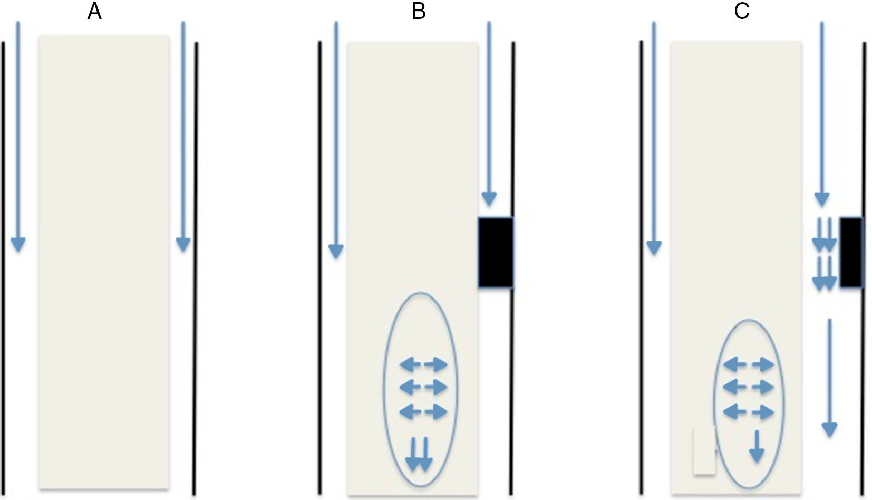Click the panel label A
(94, 11)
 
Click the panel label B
(418, 11)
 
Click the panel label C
(741, 11)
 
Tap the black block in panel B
(496, 252)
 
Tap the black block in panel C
(851, 252)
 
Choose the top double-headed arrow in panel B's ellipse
(423, 364)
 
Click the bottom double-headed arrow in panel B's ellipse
(423, 411)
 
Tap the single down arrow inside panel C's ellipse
(757, 446)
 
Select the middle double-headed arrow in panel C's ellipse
(748, 388)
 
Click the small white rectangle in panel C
(704, 451)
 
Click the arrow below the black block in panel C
(829, 377)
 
